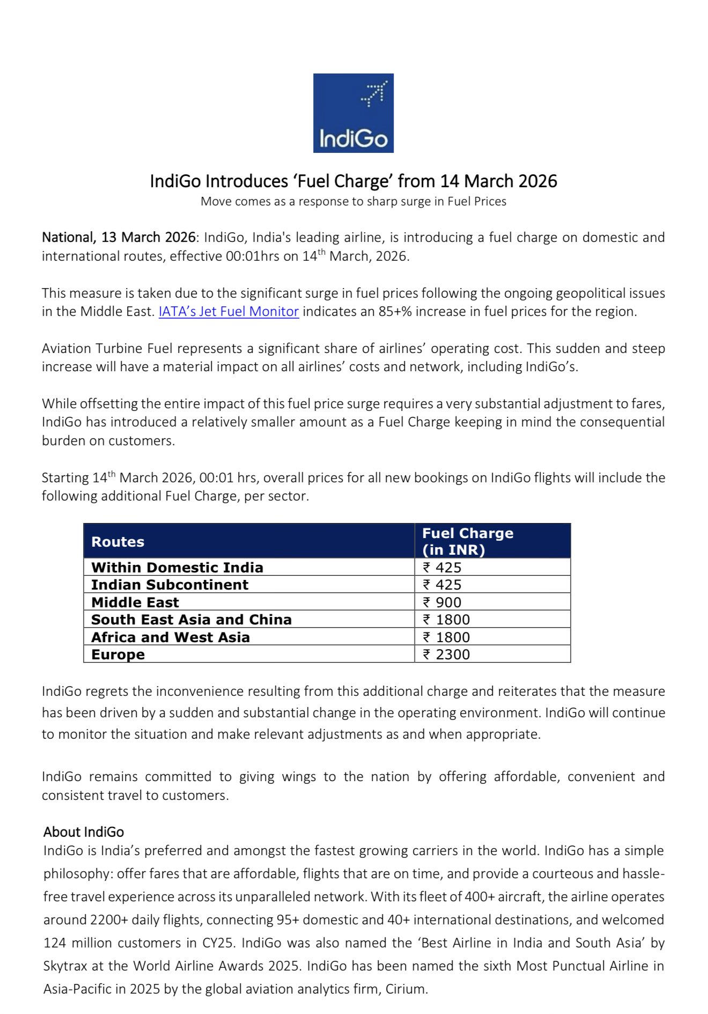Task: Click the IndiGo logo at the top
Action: [x=353, y=113]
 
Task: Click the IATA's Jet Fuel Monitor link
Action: [x=228, y=312]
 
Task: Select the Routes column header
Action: [x=118, y=542]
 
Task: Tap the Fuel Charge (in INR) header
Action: [x=467, y=541]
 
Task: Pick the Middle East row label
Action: [x=135, y=602]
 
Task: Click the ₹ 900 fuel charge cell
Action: [x=442, y=602]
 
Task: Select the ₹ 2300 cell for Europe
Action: [x=446, y=655]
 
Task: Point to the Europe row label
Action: [x=118, y=655]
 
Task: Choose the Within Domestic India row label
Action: [x=177, y=567]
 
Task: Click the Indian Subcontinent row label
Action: [x=169, y=585]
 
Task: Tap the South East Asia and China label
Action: [x=191, y=620]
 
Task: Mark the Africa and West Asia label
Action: [x=171, y=637]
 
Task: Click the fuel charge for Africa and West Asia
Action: [x=446, y=637]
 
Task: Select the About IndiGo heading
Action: [x=84, y=832]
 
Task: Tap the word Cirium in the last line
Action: [x=406, y=989]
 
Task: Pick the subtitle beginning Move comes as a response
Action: [x=353, y=202]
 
